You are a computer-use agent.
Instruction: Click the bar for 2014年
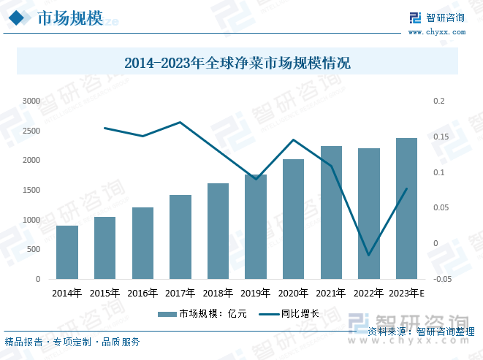pos(67,253)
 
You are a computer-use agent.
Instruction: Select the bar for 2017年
pos(180,237)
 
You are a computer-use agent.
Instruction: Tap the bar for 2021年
pos(331,212)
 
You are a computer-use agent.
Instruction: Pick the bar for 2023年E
pos(406,209)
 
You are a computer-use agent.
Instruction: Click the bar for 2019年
pos(256,227)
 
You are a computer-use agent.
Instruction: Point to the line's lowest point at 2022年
pos(368,256)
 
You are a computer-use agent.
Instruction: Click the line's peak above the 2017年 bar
pos(180,122)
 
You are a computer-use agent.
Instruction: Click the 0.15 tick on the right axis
pos(440,137)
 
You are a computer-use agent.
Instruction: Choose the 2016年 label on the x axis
pos(142,294)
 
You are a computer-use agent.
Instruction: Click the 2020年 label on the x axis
pos(293,294)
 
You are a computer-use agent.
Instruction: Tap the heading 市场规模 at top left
pos(69,20)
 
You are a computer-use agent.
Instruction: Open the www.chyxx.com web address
pos(436,32)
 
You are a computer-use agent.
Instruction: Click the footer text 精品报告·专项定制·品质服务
pos(72,342)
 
